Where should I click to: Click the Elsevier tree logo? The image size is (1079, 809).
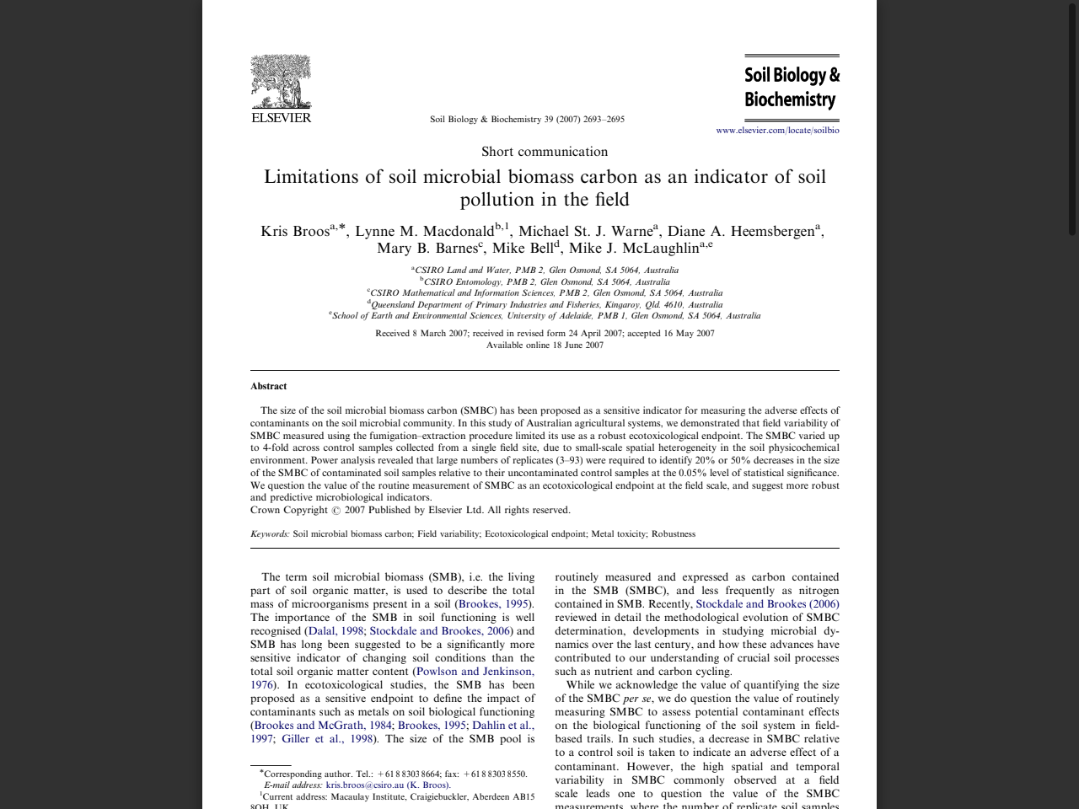pyautogui.click(x=281, y=82)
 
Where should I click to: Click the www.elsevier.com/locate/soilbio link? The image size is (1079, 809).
pyautogui.click(x=777, y=131)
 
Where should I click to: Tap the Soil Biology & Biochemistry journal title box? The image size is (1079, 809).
pyautogui.click(x=792, y=88)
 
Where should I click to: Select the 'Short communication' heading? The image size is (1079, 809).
pyautogui.click(x=545, y=152)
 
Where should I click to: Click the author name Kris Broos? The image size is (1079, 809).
pyautogui.click(x=295, y=232)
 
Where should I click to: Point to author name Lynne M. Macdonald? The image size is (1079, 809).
pyautogui.click(x=424, y=232)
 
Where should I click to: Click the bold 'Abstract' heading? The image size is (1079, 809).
pyautogui.click(x=268, y=386)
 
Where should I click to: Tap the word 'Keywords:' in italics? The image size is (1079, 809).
pyautogui.click(x=270, y=534)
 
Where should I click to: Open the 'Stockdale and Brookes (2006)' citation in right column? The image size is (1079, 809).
pyautogui.click(x=767, y=604)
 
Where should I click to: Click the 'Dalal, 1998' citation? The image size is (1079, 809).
pyautogui.click(x=336, y=631)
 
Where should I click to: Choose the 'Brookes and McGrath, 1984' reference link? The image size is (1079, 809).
pyautogui.click(x=323, y=726)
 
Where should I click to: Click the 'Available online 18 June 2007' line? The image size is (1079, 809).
pyautogui.click(x=545, y=346)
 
